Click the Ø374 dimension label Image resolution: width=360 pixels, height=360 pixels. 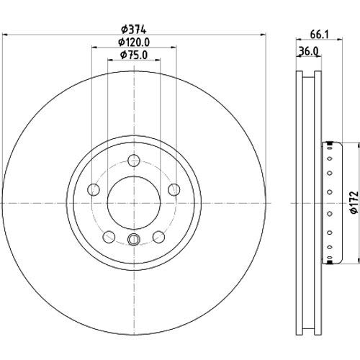[x=134, y=30]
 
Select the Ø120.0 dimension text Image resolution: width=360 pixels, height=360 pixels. [x=134, y=42]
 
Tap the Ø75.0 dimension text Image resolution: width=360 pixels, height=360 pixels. [x=134, y=55]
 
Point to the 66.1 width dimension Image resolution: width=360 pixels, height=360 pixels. [x=319, y=35]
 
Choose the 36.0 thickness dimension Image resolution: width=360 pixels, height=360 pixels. [x=309, y=51]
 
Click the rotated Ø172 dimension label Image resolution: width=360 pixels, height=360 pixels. [x=355, y=202]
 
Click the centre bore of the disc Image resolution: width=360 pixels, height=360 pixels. [x=134, y=203]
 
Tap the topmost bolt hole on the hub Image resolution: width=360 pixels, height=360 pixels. [x=134, y=161]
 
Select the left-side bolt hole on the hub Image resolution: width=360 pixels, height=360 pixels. [x=94, y=190]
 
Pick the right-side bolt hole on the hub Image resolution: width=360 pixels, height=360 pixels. [x=174, y=190]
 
